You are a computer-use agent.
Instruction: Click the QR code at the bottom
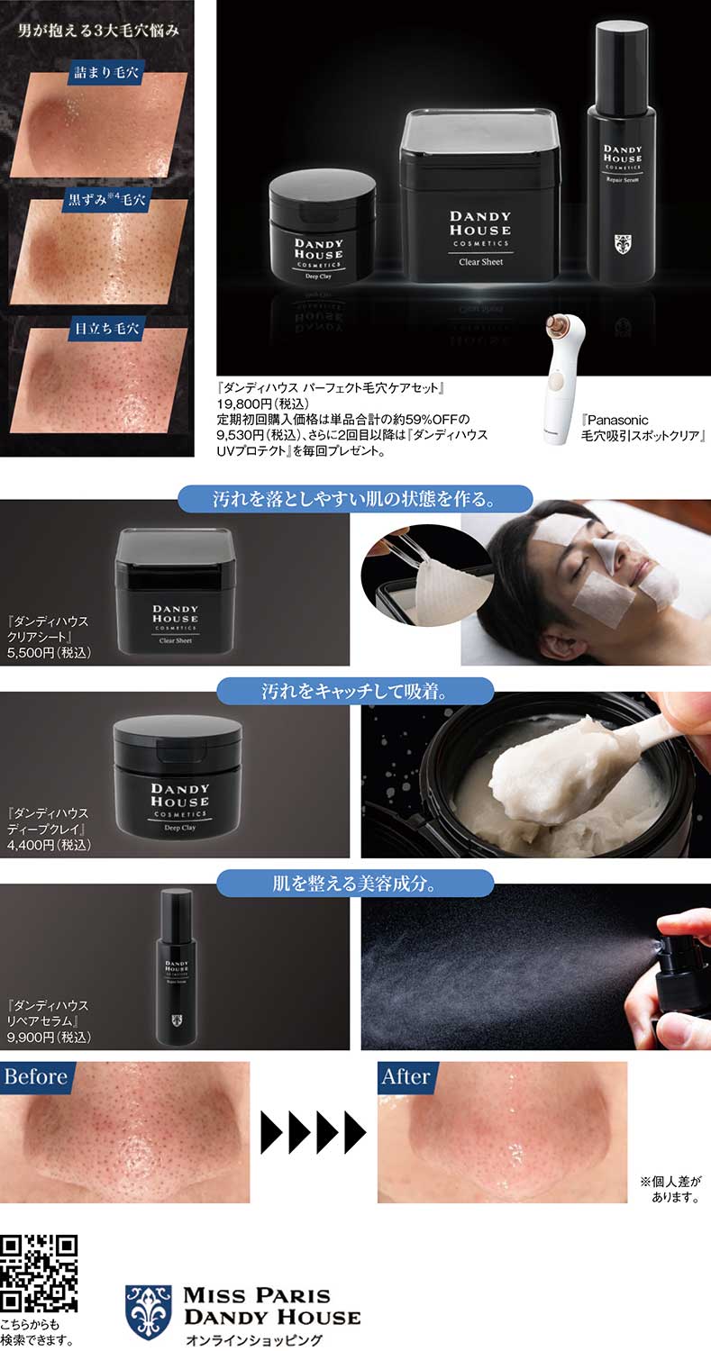[40, 1274]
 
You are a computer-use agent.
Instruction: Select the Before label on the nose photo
[36, 1077]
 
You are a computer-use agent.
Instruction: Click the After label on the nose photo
[406, 1077]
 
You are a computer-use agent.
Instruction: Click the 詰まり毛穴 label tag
[106, 73]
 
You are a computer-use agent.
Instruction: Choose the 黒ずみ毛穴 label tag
[106, 199]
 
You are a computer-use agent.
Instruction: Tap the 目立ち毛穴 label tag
[106, 329]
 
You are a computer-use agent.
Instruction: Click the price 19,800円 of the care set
[262, 403]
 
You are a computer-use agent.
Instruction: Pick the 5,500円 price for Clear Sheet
[49, 653]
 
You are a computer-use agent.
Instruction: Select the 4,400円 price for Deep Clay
[49, 845]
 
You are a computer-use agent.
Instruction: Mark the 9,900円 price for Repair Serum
[49, 1037]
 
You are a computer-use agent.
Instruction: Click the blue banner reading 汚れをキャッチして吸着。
[355, 691]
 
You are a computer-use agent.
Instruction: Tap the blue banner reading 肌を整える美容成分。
[355, 884]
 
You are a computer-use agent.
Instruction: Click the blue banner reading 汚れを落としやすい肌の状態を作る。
[355, 499]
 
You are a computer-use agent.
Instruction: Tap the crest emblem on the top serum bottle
[623, 244]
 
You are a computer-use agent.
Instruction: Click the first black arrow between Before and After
[272, 1133]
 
